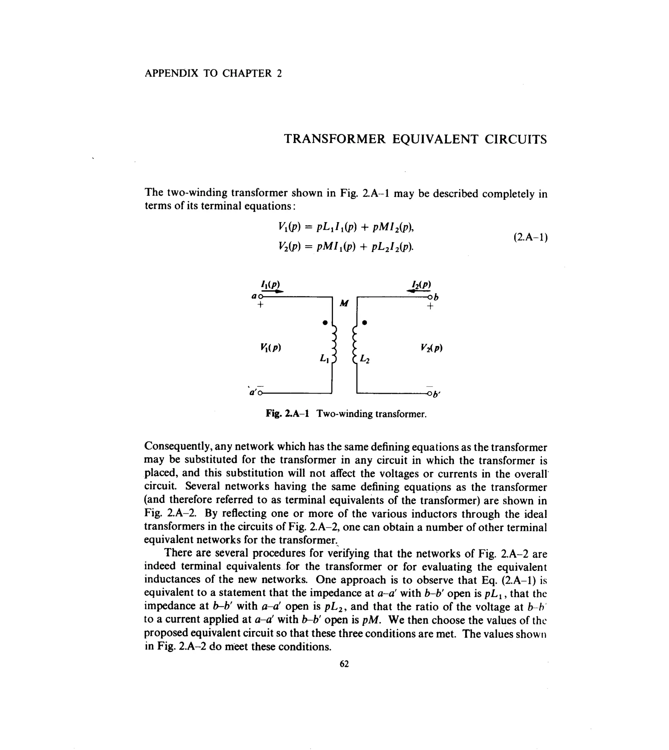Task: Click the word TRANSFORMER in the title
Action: (334, 139)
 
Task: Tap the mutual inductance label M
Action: (344, 303)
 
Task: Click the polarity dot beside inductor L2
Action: (364, 323)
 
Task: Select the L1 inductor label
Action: (324, 358)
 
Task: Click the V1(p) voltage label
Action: (270, 347)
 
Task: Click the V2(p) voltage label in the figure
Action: (432, 347)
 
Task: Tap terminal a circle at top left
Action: (261, 296)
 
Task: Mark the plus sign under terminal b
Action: (430, 306)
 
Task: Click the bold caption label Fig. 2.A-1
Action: (287, 414)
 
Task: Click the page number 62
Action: (344, 664)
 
